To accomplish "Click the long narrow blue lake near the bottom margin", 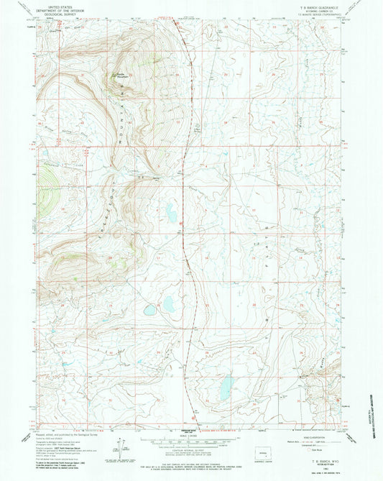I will coord(224,388).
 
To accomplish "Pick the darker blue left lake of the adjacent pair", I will coord(150,311).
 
